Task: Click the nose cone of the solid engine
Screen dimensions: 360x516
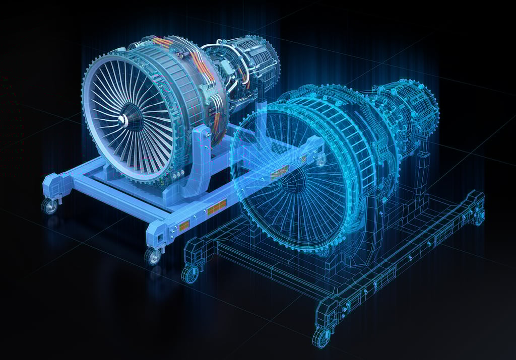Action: [122, 119]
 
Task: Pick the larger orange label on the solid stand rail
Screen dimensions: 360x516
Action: [217, 207]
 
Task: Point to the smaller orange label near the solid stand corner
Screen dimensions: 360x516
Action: [184, 225]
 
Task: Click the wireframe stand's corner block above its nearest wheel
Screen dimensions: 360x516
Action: [325, 310]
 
